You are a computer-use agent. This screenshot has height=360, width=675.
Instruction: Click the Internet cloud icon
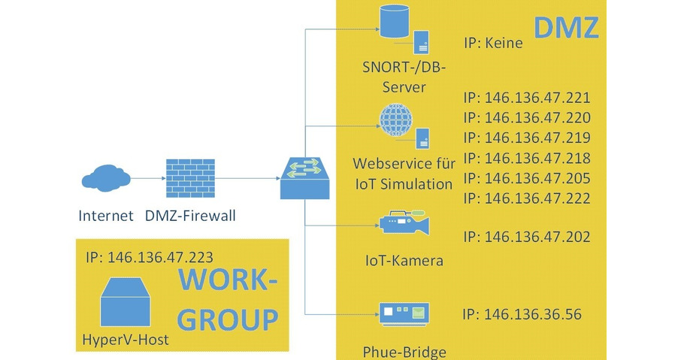(104, 179)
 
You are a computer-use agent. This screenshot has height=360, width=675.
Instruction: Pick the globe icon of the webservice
(395, 120)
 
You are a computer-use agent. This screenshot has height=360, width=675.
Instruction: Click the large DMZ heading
(565, 27)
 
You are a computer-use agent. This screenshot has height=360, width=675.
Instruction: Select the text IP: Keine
(493, 44)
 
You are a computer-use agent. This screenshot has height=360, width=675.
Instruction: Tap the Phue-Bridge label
(404, 352)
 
